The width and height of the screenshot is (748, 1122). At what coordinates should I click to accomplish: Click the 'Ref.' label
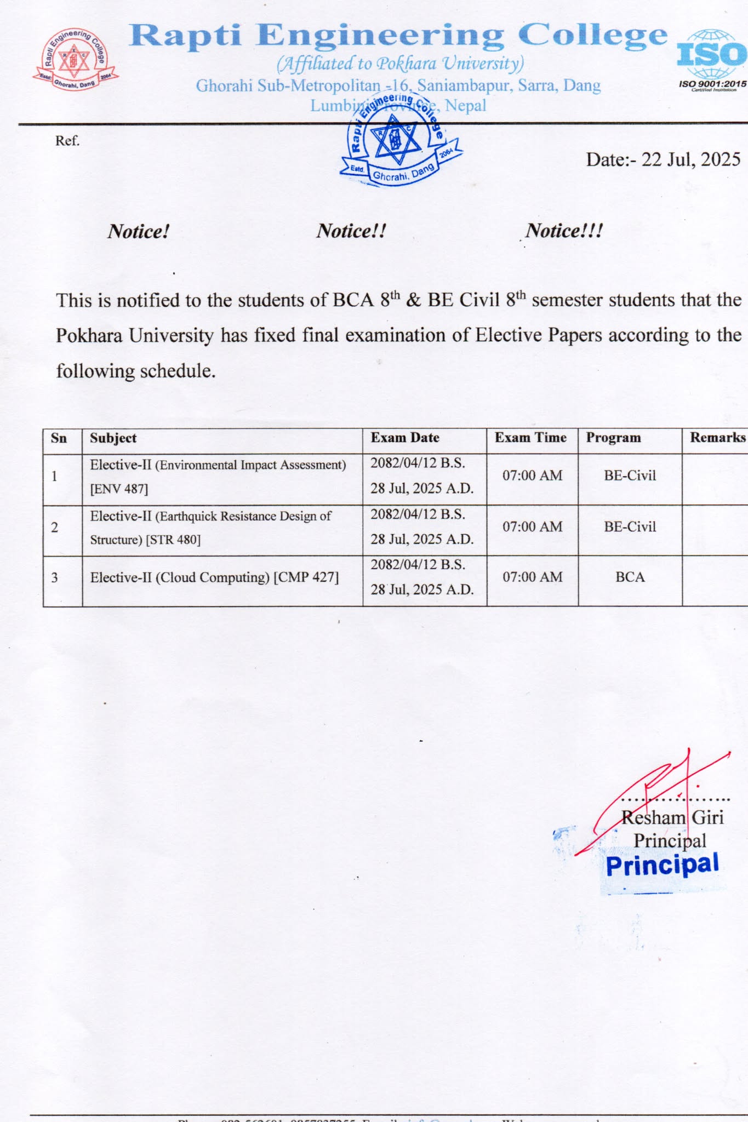[x=67, y=141]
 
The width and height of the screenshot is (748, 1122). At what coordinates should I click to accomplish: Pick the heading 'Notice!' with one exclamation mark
[x=138, y=231]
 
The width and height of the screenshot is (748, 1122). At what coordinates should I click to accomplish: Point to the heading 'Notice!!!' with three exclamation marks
[x=564, y=231]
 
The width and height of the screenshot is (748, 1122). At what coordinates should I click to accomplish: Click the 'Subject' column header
[x=113, y=438]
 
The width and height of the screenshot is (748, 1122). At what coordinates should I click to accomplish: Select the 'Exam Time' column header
[x=530, y=437]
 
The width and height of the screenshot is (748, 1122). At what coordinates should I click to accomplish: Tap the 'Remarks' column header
[x=717, y=437]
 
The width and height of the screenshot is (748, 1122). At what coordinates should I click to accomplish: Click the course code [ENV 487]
[x=119, y=489]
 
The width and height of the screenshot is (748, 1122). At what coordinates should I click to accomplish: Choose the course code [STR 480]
[x=173, y=540]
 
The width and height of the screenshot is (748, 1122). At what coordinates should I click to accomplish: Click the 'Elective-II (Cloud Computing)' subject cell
[x=214, y=577]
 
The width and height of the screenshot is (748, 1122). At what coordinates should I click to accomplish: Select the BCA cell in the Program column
[x=630, y=577]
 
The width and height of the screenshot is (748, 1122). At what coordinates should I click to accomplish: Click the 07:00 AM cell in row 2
[x=532, y=526]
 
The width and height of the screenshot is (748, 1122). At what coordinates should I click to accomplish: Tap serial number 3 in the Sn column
[x=54, y=577]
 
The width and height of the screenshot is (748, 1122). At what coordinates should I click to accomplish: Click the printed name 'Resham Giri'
[x=672, y=817]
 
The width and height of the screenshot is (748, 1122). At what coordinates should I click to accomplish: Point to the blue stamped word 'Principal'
[x=662, y=866]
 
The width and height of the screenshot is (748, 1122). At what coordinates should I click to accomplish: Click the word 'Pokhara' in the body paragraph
[x=89, y=335]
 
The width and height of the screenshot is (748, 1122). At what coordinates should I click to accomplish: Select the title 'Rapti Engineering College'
[x=398, y=36]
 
